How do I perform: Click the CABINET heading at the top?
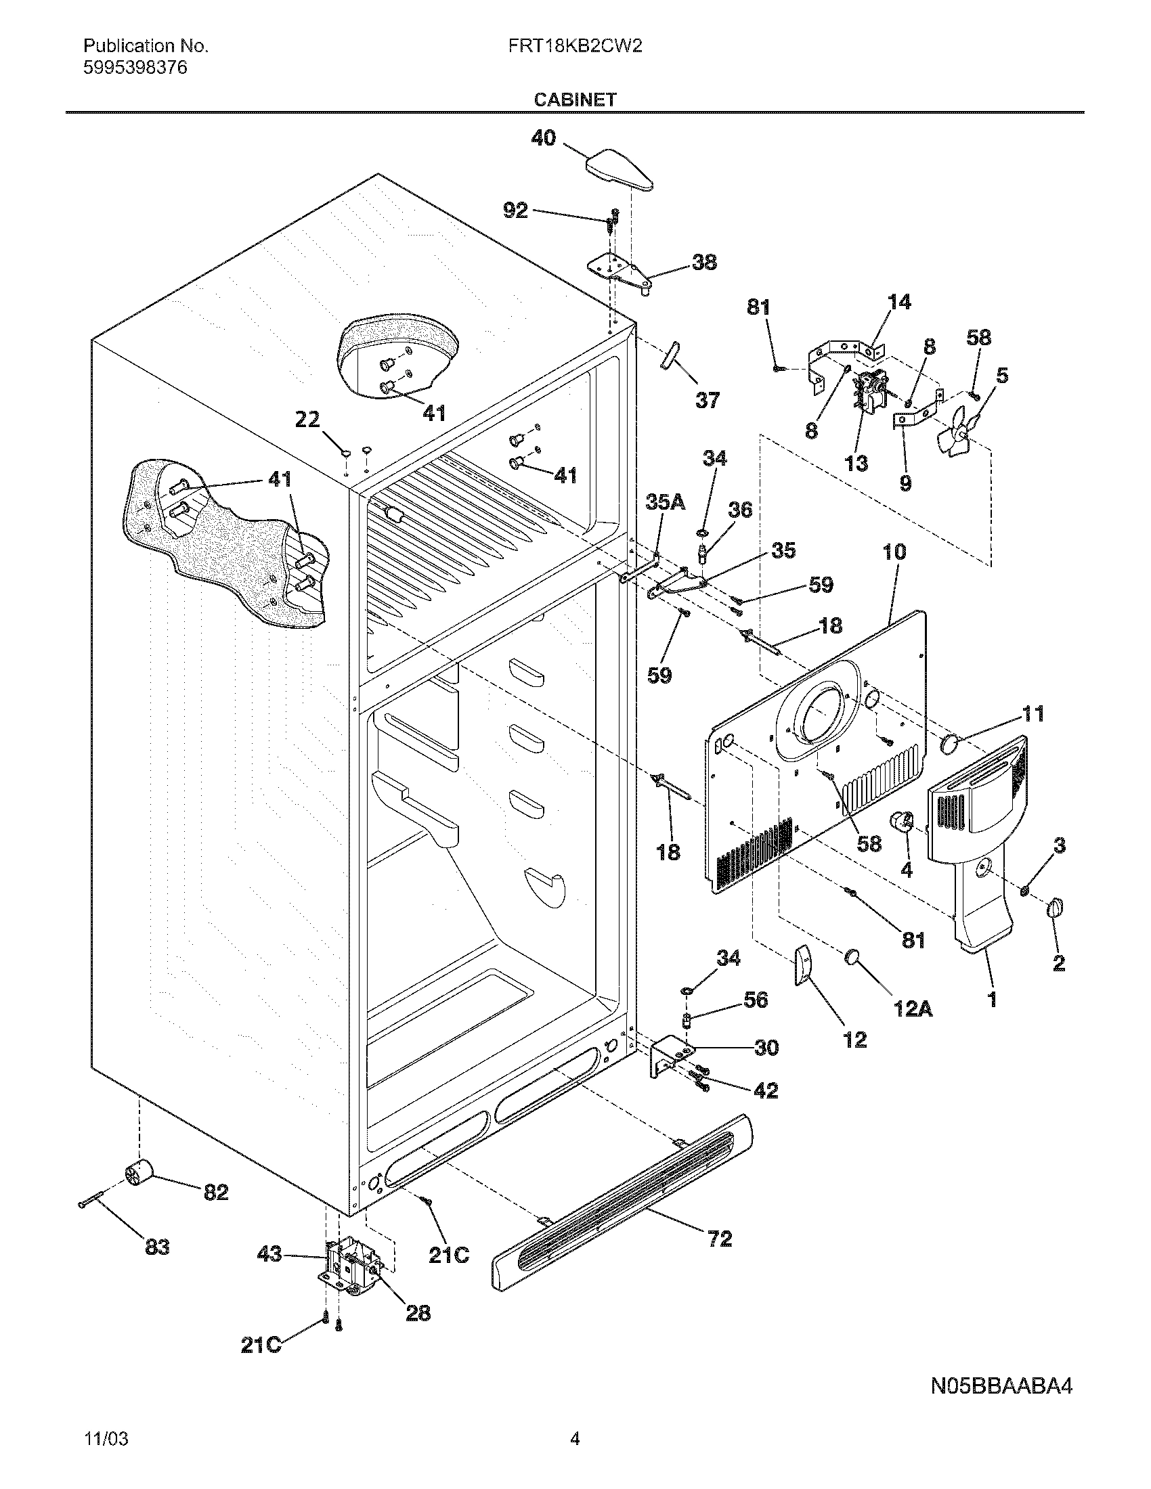pos(574,99)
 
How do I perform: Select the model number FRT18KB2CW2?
pos(574,46)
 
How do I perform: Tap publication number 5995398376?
pos(135,68)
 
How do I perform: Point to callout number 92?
pos(515,210)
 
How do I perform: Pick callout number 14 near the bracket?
pos(899,302)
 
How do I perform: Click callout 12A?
pos(913,1009)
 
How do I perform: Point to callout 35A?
pos(665,502)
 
